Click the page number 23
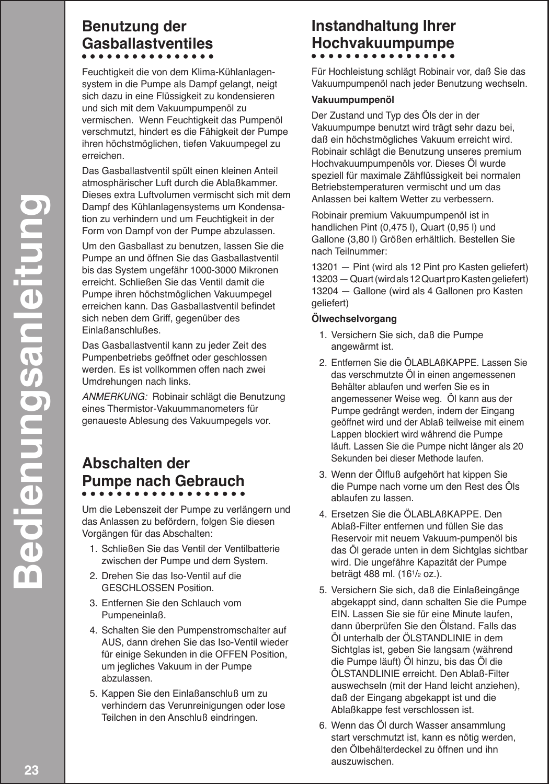click(31, 770)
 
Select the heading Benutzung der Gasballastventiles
click(147, 34)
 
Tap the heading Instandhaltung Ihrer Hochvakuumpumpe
click(383, 34)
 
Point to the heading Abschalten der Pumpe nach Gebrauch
click(163, 472)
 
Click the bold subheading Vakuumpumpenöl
click(345, 99)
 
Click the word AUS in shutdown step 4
click(110, 643)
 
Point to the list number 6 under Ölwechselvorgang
click(322, 726)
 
